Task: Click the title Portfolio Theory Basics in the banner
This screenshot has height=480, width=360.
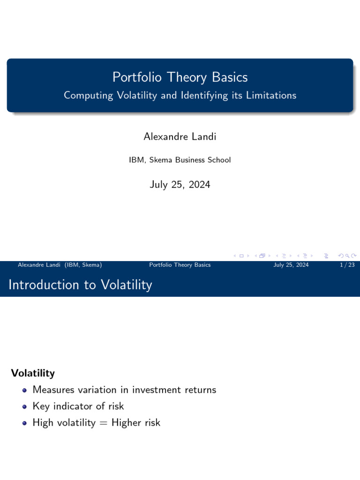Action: click(x=180, y=77)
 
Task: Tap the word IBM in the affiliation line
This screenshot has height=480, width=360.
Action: click(x=136, y=160)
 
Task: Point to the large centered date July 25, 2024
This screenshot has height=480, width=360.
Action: click(x=180, y=185)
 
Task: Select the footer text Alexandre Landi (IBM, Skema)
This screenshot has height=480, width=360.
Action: click(x=60, y=265)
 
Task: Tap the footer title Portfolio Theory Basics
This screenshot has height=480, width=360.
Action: click(x=180, y=265)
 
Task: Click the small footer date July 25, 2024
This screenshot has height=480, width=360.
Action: click(x=291, y=265)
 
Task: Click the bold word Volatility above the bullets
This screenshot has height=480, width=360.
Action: click(x=33, y=373)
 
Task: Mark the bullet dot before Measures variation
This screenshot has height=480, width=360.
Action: click(x=24, y=390)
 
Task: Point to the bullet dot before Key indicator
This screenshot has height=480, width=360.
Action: click(x=24, y=406)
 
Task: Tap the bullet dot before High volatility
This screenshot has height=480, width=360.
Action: click(x=24, y=423)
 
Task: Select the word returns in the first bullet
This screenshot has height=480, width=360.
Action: click(x=201, y=390)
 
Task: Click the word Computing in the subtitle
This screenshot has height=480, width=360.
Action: click(x=89, y=95)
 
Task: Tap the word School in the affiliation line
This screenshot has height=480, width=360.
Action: click(x=219, y=160)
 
